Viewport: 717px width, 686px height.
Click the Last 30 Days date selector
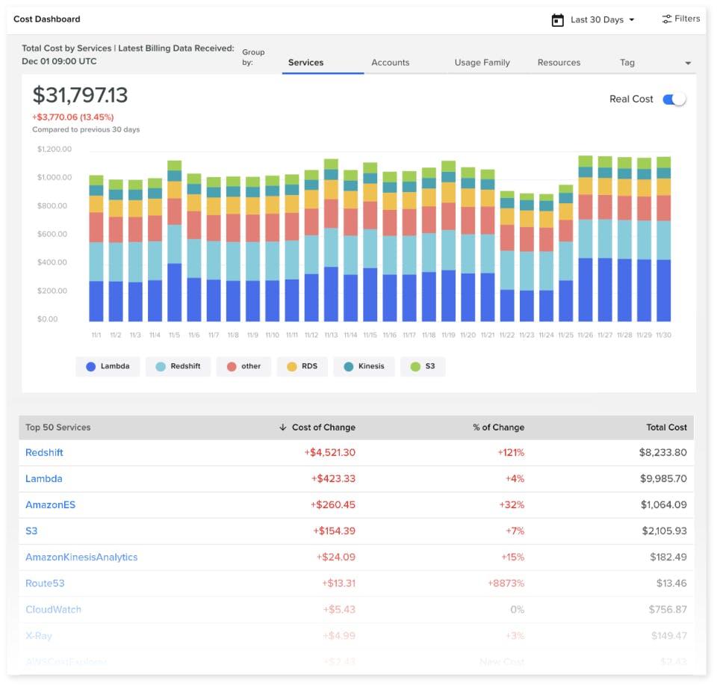point(594,20)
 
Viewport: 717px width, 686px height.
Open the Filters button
point(680,19)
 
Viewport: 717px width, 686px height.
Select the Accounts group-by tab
point(390,63)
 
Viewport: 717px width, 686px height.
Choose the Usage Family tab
point(482,63)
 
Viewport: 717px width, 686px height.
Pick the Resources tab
point(559,63)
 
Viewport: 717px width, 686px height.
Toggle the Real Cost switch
point(674,99)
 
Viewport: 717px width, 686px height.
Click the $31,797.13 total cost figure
point(80,96)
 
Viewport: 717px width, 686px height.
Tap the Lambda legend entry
point(108,367)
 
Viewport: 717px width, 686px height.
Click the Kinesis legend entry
point(364,367)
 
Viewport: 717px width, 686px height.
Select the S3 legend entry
point(423,367)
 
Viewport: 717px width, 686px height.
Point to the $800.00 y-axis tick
point(54,206)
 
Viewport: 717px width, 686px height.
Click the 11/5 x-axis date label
point(175,336)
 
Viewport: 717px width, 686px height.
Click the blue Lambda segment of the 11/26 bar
point(586,290)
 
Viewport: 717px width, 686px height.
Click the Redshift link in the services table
point(44,453)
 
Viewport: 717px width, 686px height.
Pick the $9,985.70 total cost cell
point(663,479)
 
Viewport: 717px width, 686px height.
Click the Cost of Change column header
point(323,427)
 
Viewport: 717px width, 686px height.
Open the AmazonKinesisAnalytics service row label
point(81,557)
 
